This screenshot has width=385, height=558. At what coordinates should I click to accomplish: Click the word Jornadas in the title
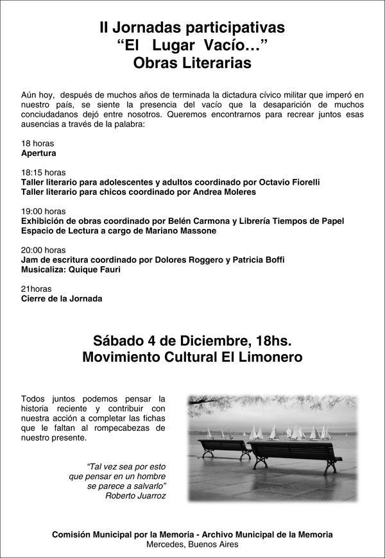point(142,28)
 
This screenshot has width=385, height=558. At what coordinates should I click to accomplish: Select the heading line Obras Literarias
point(193,63)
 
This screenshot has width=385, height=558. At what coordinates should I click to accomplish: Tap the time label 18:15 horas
point(43,173)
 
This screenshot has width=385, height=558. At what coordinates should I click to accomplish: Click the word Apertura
point(38,153)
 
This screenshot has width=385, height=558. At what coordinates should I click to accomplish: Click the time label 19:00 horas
point(43,211)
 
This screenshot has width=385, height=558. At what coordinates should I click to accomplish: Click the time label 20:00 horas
point(43,249)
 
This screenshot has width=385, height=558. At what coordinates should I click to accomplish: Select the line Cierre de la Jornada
point(62,298)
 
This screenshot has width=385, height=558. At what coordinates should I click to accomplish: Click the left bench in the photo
point(224,448)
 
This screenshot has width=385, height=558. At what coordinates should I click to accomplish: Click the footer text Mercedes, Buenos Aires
point(193,544)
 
